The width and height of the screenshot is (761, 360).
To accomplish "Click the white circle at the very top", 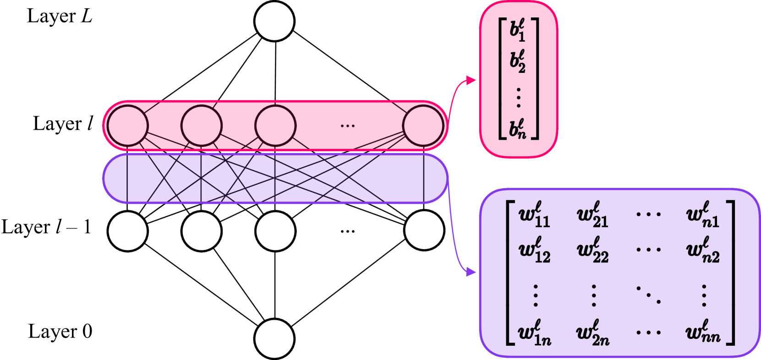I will point(274,21).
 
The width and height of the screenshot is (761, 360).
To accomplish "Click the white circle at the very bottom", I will point(274,339).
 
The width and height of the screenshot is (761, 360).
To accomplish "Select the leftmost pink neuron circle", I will point(128,125).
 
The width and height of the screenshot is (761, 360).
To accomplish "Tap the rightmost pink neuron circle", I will point(423,125).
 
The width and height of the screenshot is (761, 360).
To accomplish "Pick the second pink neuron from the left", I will point(202,125).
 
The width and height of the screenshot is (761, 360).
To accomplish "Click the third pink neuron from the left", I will point(275,125).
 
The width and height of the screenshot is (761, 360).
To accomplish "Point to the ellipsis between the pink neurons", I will point(348,125).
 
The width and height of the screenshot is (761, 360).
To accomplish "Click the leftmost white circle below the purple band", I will point(128,231).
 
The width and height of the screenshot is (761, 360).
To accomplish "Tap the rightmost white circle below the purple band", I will point(424,230).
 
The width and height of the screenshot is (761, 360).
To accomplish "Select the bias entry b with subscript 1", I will point(518,30).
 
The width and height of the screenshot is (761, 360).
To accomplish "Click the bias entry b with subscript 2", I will point(518,62).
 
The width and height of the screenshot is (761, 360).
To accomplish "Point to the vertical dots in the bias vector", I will point(518,97).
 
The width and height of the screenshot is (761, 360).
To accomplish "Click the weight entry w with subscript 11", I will point(534,215).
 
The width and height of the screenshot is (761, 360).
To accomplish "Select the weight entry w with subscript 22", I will point(593,251).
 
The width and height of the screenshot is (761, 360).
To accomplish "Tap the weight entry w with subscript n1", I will point(703,215).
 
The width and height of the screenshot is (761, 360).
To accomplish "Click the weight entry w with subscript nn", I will point(703,332).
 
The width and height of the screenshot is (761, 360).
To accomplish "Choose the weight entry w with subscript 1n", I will point(534,333).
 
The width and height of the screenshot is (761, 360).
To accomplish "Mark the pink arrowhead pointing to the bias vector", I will point(471,81).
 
